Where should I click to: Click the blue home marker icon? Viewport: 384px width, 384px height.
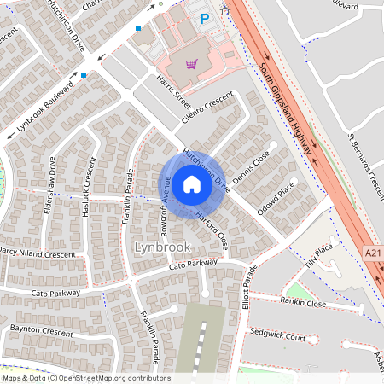pyautogui.click(x=192, y=184)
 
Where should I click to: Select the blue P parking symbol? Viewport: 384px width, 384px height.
pyautogui.click(x=204, y=17)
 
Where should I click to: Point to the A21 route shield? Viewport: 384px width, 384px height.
pyautogui.click(x=372, y=253)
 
